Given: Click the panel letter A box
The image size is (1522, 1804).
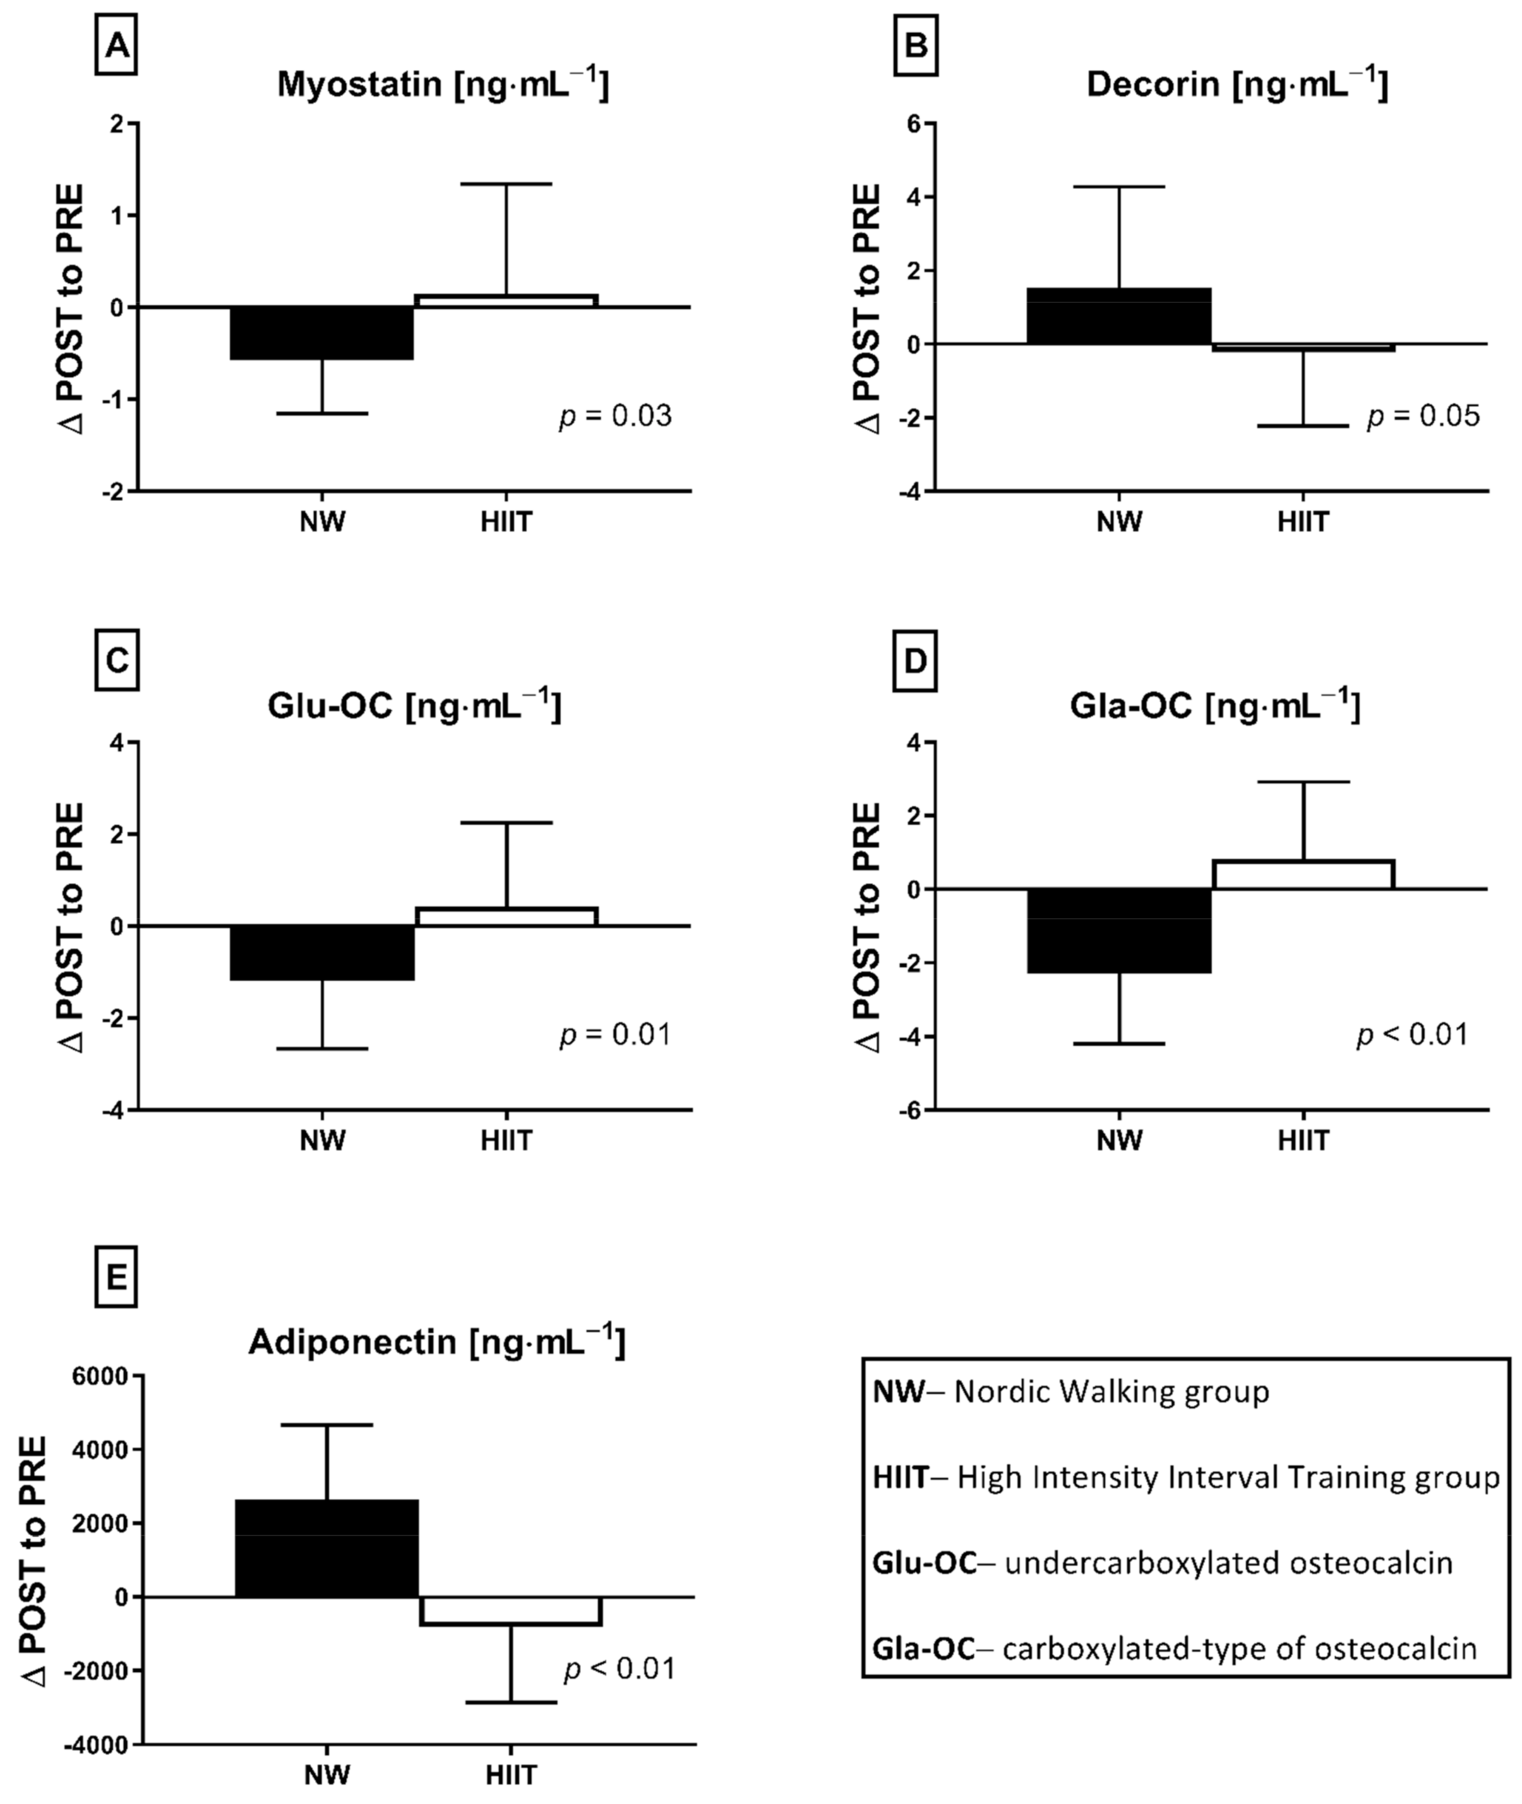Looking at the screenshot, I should pyautogui.click(x=116, y=45).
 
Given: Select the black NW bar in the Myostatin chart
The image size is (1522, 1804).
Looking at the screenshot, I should pyautogui.click(x=322, y=333).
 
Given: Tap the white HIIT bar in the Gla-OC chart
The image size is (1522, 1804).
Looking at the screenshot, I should pyautogui.click(x=1303, y=874).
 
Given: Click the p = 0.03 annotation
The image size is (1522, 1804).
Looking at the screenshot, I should pyautogui.click(x=615, y=417).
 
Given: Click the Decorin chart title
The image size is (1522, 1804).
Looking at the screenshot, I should pyautogui.click(x=1237, y=85).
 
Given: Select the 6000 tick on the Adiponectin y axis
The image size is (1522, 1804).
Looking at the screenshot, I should pyautogui.click(x=102, y=1376).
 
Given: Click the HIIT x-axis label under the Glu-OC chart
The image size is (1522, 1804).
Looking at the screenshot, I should pyautogui.click(x=506, y=1141).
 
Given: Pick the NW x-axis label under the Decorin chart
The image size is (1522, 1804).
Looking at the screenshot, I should pyautogui.click(x=1119, y=522).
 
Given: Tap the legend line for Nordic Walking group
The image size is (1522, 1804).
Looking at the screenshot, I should pyautogui.click(x=1070, y=1392).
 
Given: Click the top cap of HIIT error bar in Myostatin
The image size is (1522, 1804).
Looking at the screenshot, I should pyautogui.click(x=506, y=184).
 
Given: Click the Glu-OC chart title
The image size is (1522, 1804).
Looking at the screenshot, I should pyautogui.click(x=414, y=705).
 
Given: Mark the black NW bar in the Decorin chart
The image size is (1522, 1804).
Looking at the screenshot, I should pyautogui.click(x=1119, y=316).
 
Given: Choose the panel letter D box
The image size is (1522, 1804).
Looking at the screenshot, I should pyautogui.click(x=914, y=661).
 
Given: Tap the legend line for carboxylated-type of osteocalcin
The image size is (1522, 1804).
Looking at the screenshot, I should pyautogui.click(x=1174, y=1648).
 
